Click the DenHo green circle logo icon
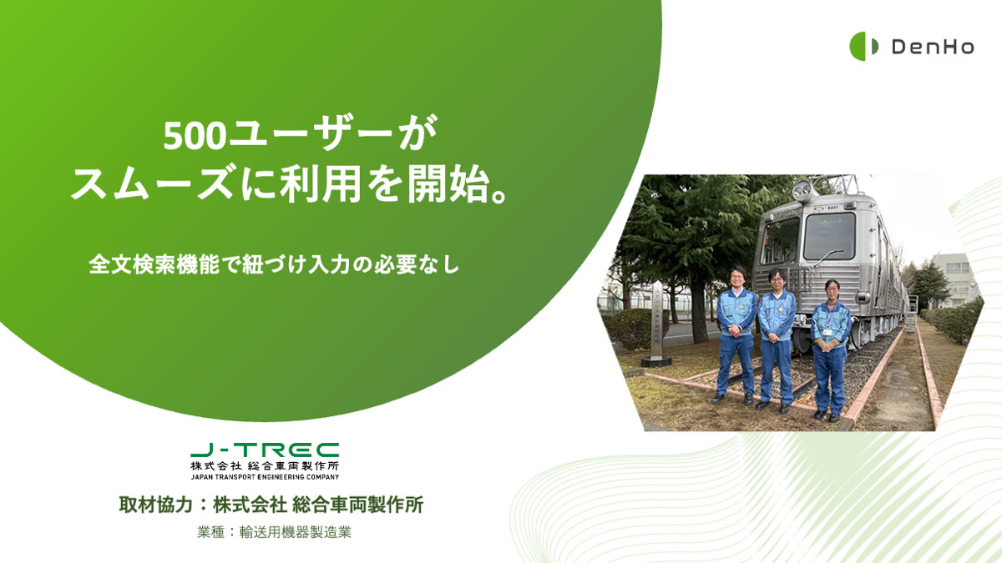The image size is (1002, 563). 863,46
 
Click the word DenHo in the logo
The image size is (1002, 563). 933,47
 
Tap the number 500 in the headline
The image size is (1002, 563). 194,137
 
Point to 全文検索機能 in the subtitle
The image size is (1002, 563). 154,264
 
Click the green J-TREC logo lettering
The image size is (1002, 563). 265,450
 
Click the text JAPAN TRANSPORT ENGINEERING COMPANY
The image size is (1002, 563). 265,477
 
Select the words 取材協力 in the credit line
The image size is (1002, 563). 155,505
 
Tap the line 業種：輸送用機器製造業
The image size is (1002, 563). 274,532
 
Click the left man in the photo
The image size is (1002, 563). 736,336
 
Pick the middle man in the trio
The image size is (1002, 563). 777,340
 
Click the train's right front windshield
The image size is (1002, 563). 829,235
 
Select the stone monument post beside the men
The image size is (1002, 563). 656,324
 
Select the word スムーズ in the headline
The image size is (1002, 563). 152,184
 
